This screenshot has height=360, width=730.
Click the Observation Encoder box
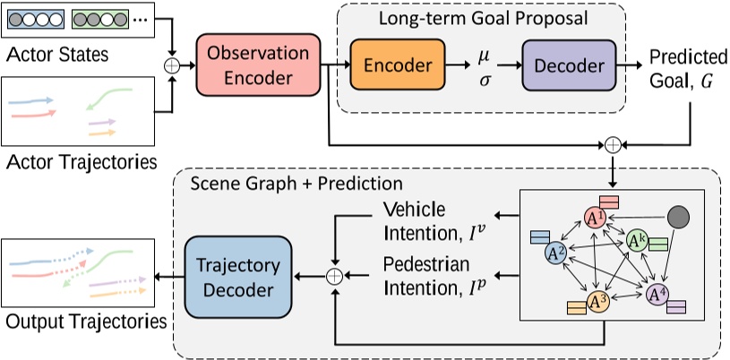coord(258,65)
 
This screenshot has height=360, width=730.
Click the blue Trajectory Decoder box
coord(237,277)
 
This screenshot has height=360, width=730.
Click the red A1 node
coord(595,217)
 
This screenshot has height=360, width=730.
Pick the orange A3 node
coord(597,303)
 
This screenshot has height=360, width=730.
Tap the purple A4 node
coord(657,293)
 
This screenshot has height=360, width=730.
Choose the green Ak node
coord(637,240)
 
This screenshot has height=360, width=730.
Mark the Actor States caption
coord(57,56)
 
